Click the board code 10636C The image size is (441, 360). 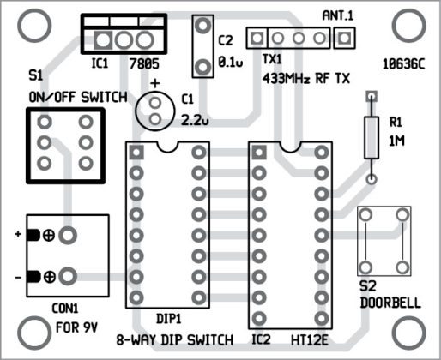pos(403,64)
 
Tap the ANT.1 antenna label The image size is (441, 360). pos(338,15)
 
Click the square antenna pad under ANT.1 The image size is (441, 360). pos(344,38)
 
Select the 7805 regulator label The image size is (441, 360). pos(144,63)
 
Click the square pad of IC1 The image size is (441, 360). pos(103,40)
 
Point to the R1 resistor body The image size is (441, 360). pos(372,138)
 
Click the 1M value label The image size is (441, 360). pos(396,141)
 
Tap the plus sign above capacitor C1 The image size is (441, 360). pos(155,83)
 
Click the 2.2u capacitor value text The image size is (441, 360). pos(195,121)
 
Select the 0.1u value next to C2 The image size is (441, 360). pos(231,62)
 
